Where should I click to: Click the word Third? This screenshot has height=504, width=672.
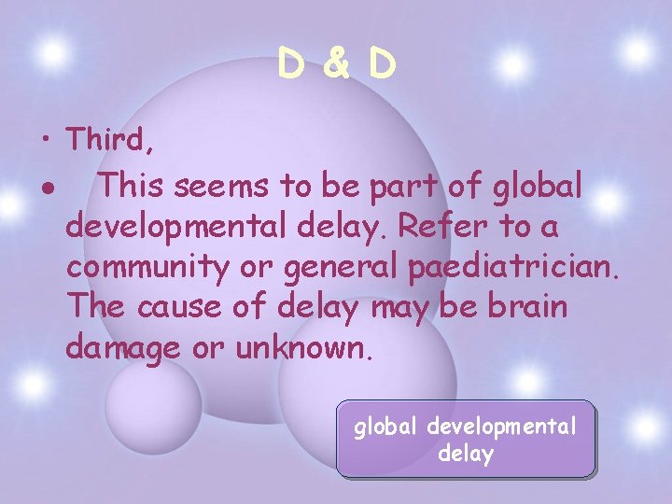pyautogui.click(x=104, y=141)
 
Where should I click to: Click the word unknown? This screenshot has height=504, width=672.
pyautogui.click(x=303, y=348)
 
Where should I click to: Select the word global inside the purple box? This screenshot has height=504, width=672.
pyautogui.click(x=385, y=427)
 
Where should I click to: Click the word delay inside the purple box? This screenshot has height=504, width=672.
pyautogui.click(x=465, y=455)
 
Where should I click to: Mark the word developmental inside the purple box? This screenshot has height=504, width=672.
pyautogui.click(x=501, y=427)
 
